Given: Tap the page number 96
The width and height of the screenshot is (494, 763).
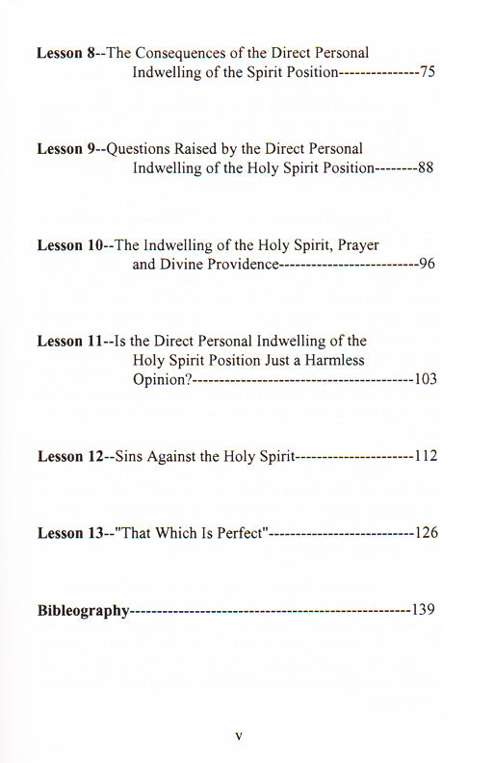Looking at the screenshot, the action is [x=428, y=265].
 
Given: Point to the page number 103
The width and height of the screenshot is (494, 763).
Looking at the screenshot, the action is [x=425, y=379].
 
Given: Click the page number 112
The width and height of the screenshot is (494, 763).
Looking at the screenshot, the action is [x=425, y=456].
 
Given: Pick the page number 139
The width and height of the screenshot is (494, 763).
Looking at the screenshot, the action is [x=425, y=609].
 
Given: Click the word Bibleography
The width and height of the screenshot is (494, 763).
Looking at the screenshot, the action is [x=82, y=610].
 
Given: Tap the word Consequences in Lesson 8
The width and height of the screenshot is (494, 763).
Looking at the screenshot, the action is [x=176, y=54].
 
